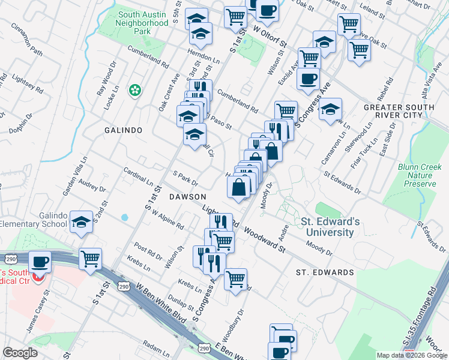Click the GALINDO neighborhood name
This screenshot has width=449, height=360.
point(123,130)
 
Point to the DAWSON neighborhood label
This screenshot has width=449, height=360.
point(187,196)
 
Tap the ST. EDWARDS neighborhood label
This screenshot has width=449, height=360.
point(325,272)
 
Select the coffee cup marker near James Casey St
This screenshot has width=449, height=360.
point(40,262)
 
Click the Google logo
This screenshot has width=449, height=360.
point(20,353)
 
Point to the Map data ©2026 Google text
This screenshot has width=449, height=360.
point(411,355)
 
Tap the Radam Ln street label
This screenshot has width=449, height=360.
point(157,349)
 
